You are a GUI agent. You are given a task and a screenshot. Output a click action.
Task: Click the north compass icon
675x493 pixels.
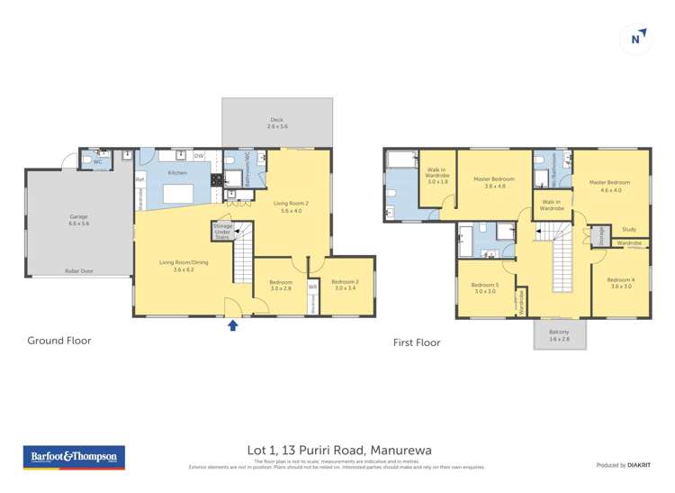[x=636, y=38]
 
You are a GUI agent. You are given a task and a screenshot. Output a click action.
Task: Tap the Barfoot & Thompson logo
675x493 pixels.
[x=73, y=457]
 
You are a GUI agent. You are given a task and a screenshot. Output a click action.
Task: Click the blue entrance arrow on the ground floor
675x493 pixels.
[x=232, y=325]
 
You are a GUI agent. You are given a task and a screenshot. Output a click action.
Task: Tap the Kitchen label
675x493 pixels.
[x=176, y=172]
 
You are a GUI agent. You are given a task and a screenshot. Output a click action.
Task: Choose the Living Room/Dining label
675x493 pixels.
[x=177, y=265]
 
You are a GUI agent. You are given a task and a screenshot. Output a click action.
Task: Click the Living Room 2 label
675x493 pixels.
[x=291, y=206]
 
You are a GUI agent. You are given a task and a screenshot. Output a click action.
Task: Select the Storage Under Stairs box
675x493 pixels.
[x=222, y=231]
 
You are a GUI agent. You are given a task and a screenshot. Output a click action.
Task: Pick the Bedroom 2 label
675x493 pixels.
[x=346, y=285]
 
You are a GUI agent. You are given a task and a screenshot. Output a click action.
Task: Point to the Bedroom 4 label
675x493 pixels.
[x=620, y=282]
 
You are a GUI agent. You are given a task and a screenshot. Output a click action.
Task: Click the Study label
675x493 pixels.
[x=628, y=230]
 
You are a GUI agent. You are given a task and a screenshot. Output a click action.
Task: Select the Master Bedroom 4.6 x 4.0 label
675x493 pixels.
[x=610, y=186]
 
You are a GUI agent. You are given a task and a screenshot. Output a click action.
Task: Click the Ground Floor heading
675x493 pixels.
[x=59, y=341]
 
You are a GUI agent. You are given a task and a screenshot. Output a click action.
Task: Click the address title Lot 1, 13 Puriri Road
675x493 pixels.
[x=337, y=447]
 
